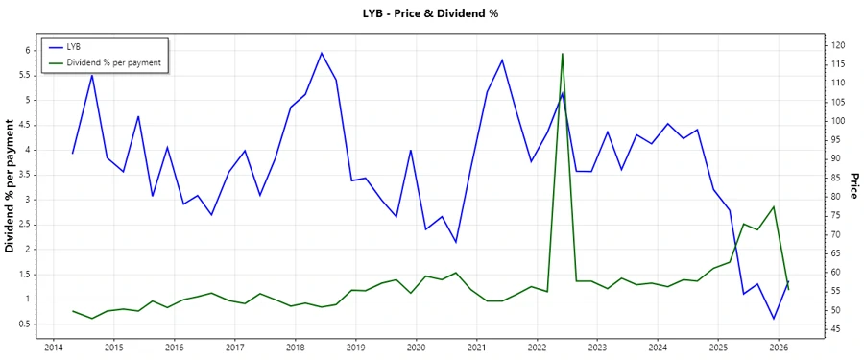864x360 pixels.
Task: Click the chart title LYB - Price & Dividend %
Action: point(431,13)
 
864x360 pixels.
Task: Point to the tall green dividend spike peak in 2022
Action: point(563,54)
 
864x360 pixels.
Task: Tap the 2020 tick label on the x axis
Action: point(416,347)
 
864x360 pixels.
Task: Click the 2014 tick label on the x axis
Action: point(53,347)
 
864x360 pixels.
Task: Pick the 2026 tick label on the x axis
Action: point(779,347)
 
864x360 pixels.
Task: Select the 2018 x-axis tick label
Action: point(295,347)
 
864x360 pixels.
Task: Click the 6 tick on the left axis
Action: point(28,50)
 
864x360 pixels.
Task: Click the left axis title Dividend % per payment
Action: point(11,186)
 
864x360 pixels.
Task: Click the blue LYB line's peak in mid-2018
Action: point(321,53)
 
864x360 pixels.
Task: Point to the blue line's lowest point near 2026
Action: point(773,319)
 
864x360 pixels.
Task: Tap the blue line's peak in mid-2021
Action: point(502,60)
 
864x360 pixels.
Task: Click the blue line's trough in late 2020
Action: point(456,242)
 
